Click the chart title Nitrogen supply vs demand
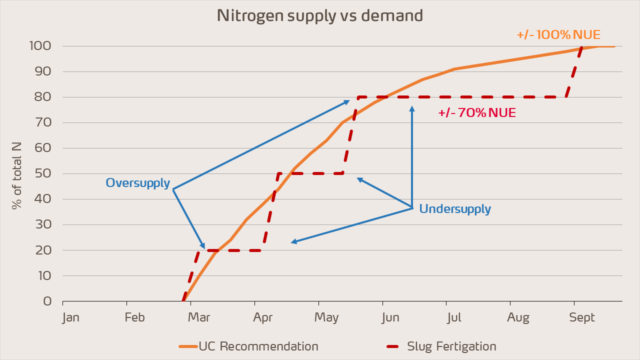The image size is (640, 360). pos(320,15)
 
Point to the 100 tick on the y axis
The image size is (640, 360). pos(40,46)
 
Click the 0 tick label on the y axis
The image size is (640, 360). pos(47,301)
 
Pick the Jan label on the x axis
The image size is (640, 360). pos(70,317)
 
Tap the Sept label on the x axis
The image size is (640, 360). pos(582,317)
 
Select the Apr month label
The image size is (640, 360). pos(263,317)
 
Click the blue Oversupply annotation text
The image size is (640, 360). pos(138,183)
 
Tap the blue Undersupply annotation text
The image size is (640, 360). pos(455,209)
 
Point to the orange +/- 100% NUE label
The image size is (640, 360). pos(558,35)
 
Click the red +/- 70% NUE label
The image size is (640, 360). pos(477,113)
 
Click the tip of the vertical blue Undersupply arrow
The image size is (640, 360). pos(412,107)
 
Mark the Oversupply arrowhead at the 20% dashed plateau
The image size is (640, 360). pos(203,247)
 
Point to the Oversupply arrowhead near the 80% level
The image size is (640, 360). pos(348,101)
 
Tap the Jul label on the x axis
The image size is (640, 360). pos(454,317)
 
